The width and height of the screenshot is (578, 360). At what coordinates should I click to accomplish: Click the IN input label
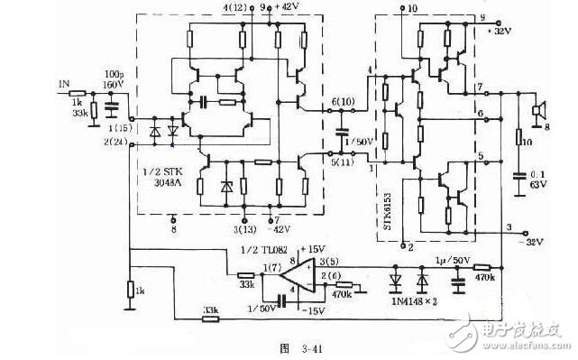click(64, 83)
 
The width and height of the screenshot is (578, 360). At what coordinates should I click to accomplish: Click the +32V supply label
click(501, 28)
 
